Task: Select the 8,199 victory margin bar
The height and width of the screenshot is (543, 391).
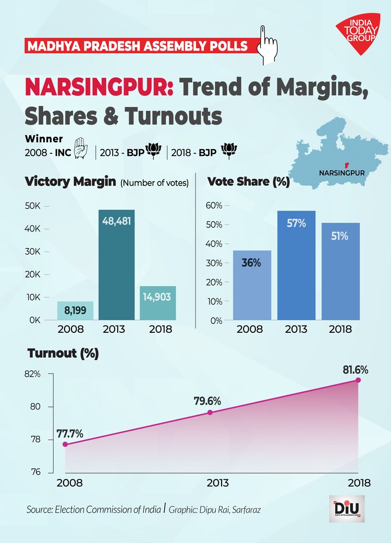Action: (x=75, y=311)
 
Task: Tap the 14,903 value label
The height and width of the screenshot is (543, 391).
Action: (x=158, y=297)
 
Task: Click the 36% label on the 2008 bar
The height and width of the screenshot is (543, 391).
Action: (x=251, y=262)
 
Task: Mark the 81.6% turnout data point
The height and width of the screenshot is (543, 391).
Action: (x=358, y=380)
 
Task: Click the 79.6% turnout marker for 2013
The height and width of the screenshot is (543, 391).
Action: (x=210, y=412)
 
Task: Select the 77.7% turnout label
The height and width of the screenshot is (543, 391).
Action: (x=69, y=433)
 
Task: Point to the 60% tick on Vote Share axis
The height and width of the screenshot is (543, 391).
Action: (x=214, y=206)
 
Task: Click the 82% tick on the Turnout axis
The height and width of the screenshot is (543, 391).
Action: (x=32, y=375)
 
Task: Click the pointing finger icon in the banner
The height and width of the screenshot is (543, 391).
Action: (x=268, y=39)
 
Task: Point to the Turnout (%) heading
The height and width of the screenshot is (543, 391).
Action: (x=63, y=353)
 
